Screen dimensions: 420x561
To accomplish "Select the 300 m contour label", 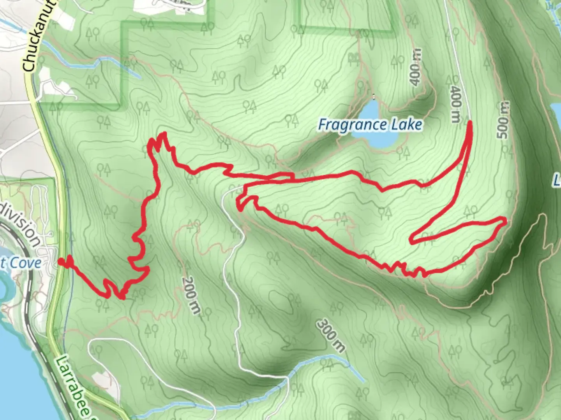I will pos(331,335).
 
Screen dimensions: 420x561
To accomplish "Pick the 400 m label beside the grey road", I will pos(455,104).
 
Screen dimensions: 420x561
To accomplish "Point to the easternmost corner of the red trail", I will pos(505,221).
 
